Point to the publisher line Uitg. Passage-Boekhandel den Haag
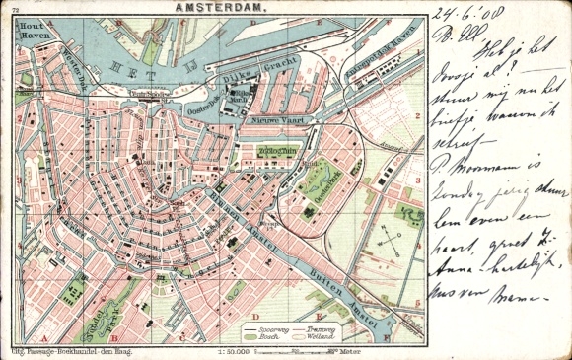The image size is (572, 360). pyautogui.click(x=72, y=351)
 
